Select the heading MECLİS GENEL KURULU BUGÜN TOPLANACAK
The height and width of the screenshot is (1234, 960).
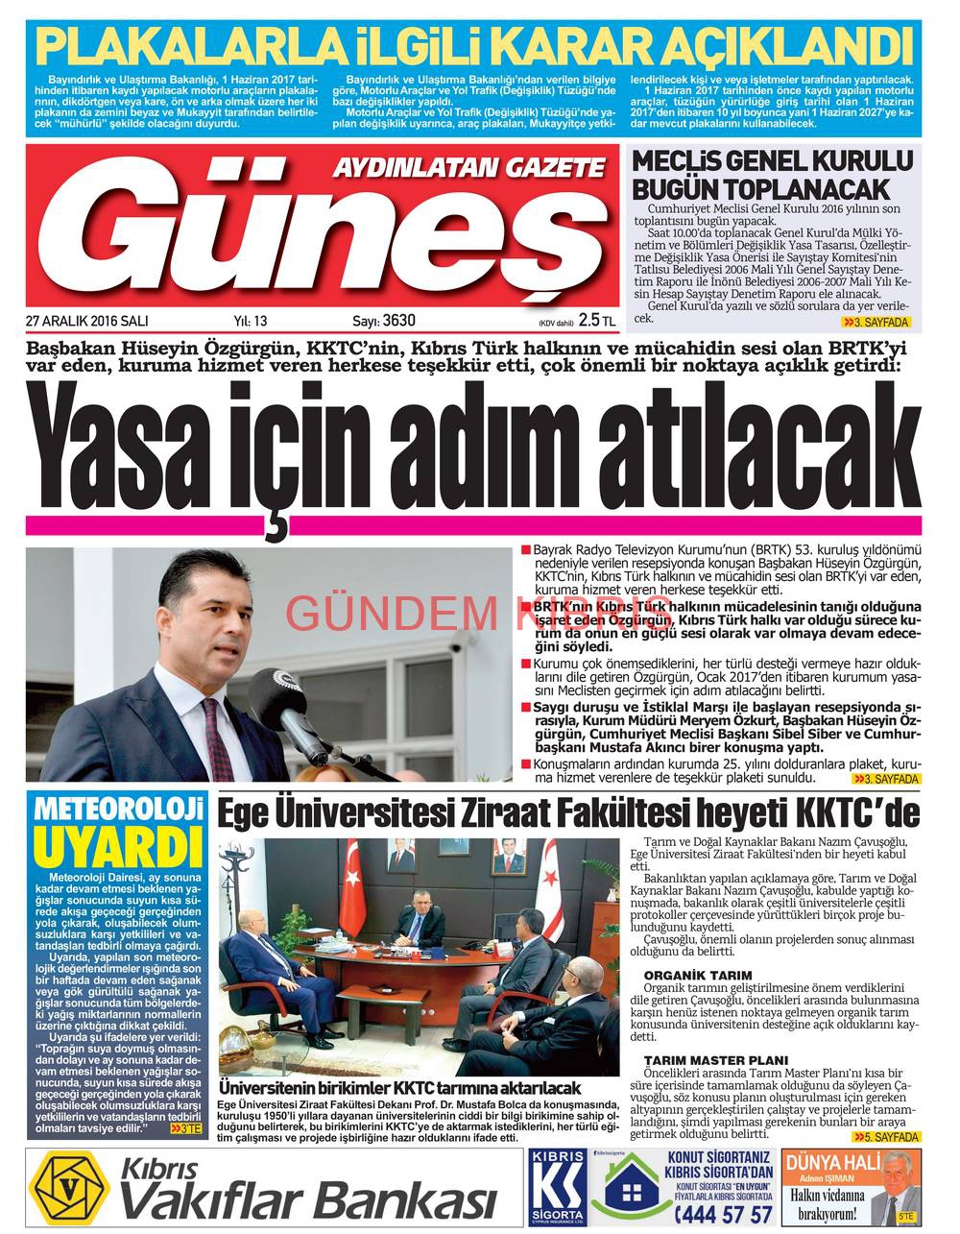(x=772, y=174)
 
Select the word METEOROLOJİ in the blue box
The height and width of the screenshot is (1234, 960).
(x=116, y=810)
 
